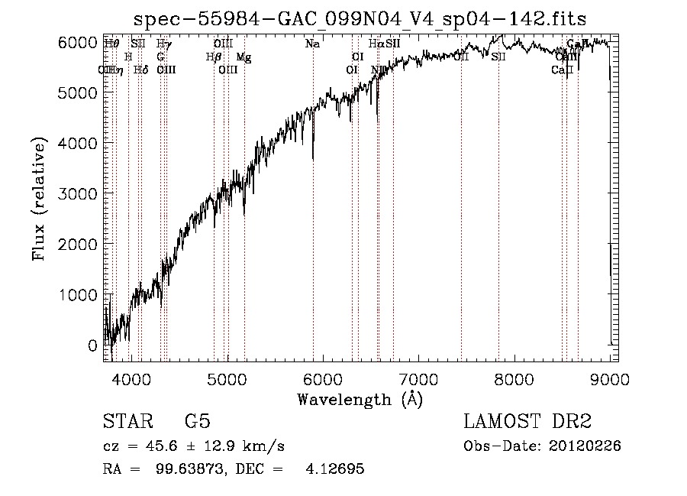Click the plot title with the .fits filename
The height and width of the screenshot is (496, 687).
coord(360,18)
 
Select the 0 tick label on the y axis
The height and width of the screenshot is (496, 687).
coord(93,345)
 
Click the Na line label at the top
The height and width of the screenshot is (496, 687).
coord(312,44)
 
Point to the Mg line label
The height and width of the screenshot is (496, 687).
coord(243,57)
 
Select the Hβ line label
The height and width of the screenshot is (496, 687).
coord(214,57)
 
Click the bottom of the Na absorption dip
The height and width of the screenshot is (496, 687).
coord(313,159)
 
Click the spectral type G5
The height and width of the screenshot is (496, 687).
coord(198,423)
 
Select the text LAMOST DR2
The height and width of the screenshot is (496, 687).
coord(527,423)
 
